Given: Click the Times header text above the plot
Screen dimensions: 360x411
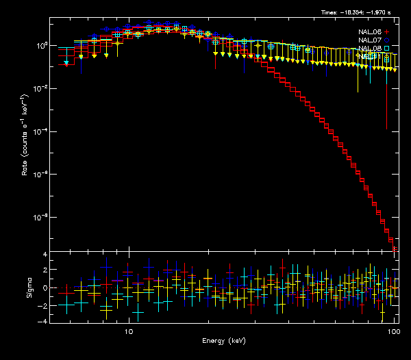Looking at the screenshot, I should click(356, 12).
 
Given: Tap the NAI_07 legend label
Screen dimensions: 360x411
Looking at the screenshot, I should click(369, 40).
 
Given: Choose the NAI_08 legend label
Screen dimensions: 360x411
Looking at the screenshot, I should click(369, 49).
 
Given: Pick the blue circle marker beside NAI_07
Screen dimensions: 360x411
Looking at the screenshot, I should click(386, 40).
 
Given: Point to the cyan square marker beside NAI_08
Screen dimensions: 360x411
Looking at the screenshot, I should click(386, 49).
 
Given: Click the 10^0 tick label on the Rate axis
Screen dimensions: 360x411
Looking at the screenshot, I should click(40, 46).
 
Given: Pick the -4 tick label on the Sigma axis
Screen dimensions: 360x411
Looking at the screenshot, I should click(43, 321).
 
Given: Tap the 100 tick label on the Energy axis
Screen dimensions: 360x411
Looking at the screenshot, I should click(393, 331).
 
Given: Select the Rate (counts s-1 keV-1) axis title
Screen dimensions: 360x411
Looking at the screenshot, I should click(25, 144).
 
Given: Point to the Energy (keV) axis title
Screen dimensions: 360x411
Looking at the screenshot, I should click(223, 340).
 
